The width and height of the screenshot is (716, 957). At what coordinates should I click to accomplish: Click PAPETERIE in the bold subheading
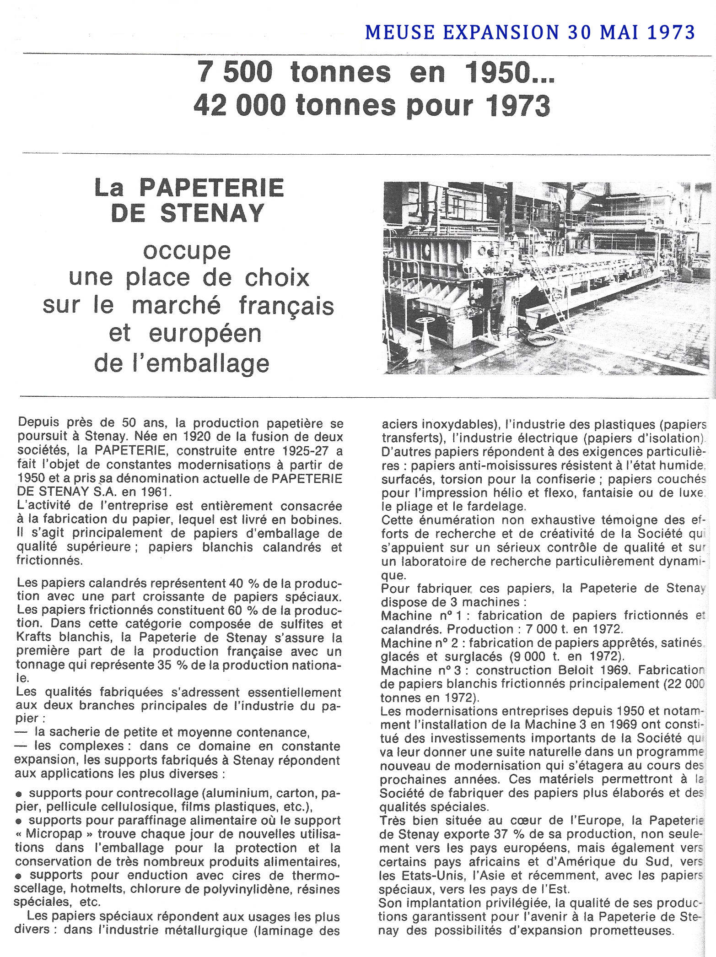(211, 188)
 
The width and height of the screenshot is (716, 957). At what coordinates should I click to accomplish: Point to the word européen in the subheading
(205, 333)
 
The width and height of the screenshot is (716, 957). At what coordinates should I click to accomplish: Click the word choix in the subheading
(277, 277)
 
